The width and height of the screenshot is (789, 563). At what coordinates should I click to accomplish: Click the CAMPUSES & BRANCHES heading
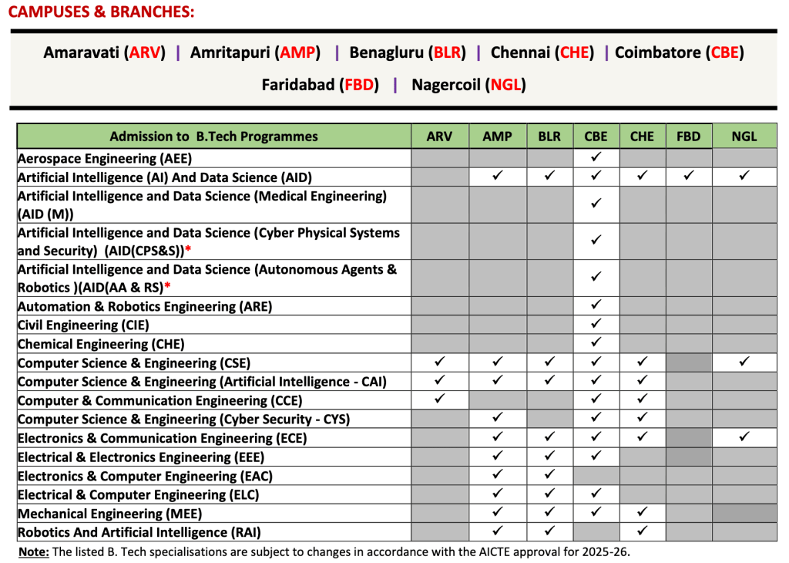(x=101, y=12)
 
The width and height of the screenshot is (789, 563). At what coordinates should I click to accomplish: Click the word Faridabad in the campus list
(x=298, y=85)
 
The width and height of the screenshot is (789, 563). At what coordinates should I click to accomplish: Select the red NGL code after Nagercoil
(x=505, y=85)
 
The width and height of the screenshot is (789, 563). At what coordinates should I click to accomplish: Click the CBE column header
(x=596, y=137)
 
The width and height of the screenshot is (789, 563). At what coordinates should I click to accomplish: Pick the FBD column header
(x=688, y=137)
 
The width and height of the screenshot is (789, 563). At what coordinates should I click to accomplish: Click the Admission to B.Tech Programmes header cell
(x=213, y=137)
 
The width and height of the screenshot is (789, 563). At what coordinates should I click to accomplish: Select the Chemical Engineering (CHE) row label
(x=101, y=344)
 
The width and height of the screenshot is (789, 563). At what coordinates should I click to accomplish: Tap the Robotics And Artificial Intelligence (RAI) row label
(x=139, y=531)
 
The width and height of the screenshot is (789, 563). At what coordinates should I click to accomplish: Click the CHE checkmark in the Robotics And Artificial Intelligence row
(x=642, y=531)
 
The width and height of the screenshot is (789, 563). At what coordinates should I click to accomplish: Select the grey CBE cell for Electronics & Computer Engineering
(x=596, y=476)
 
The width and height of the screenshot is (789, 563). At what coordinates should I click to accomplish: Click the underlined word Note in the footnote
(x=34, y=551)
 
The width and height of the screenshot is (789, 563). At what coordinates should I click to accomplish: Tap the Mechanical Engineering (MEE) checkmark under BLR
(x=549, y=513)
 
